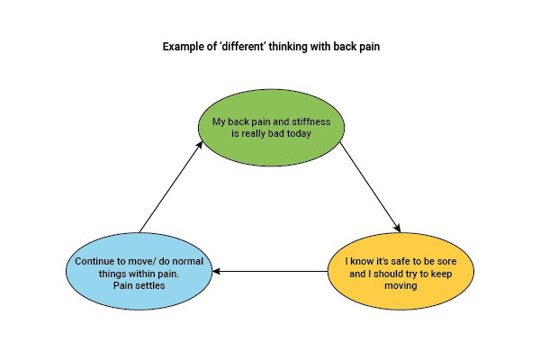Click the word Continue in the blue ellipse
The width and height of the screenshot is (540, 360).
95,262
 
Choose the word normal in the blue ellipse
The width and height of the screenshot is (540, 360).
186,262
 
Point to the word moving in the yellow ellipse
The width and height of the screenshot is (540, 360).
401,285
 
